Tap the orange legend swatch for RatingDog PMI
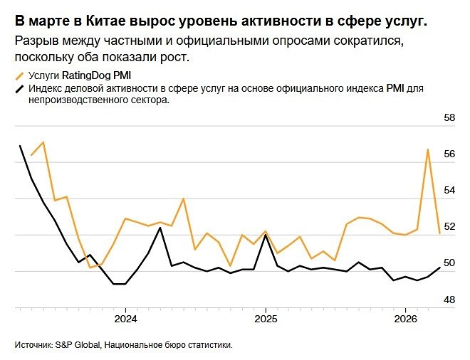coord(19,74)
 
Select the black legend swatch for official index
coord(19,88)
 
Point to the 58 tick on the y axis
coord(449,117)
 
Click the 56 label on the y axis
coord(449,154)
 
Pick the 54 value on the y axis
coord(449,191)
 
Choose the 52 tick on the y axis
coord(449,227)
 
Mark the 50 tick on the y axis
coord(449,263)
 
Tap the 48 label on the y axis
coord(449,300)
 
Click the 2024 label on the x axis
coord(125,318)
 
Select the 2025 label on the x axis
coord(265,318)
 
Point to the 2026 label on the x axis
coord(405,318)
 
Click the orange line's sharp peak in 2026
coord(428,149)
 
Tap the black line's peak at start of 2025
coord(265,235)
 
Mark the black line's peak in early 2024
coord(160,228)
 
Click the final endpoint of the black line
coord(440,268)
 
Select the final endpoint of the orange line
coord(440,233)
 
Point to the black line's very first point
coord(20,145)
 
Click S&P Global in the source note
coord(75,345)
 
